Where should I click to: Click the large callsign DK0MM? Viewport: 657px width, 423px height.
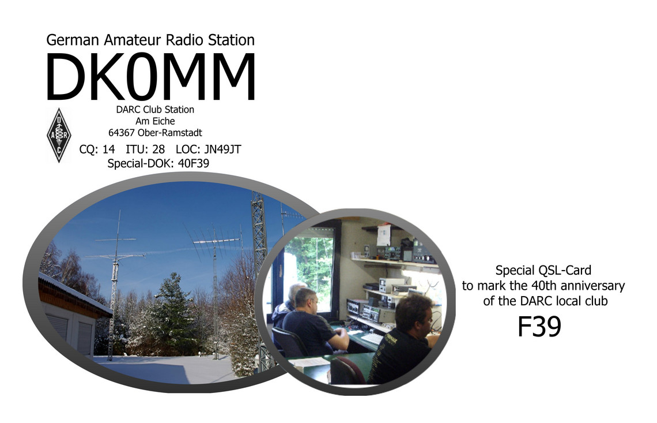click(x=150, y=76)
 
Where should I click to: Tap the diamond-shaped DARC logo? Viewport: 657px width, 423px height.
click(x=59, y=135)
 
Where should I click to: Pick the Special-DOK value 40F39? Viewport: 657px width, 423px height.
click(x=194, y=163)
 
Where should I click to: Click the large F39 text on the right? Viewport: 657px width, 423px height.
click(x=539, y=327)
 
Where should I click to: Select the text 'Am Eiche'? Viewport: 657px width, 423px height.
click(x=155, y=121)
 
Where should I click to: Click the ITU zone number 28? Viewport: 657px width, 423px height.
click(x=159, y=149)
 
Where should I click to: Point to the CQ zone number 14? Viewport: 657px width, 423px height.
click(x=108, y=149)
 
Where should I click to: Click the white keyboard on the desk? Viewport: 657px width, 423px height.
click(x=372, y=338)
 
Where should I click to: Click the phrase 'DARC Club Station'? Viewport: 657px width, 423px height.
click(x=155, y=110)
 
